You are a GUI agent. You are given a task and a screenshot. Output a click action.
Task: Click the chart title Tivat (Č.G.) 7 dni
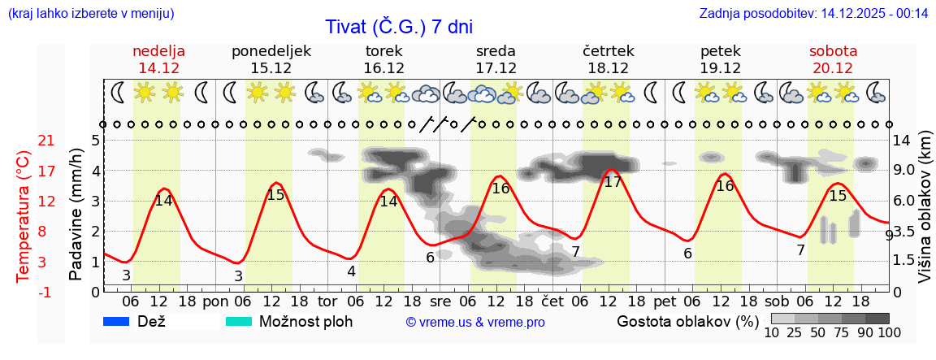[398, 26]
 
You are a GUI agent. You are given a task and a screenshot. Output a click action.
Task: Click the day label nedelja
[158, 50]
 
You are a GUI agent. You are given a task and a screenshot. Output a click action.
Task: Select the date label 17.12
[496, 67]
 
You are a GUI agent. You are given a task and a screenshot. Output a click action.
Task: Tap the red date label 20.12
[833, 67]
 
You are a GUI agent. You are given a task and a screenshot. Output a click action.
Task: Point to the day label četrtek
[608, 50]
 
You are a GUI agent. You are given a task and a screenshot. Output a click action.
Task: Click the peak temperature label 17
[613, 182]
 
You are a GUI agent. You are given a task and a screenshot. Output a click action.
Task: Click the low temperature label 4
[351, 271]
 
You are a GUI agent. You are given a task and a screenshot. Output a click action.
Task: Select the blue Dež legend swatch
[118, 321]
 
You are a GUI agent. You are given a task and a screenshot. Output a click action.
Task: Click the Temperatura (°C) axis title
[23, 216]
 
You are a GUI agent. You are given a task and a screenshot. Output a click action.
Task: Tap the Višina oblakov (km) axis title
[925, 215]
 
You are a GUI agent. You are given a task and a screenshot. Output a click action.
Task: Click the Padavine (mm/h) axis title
[76, 215]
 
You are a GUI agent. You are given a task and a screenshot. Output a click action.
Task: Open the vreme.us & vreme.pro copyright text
[475, 322]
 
